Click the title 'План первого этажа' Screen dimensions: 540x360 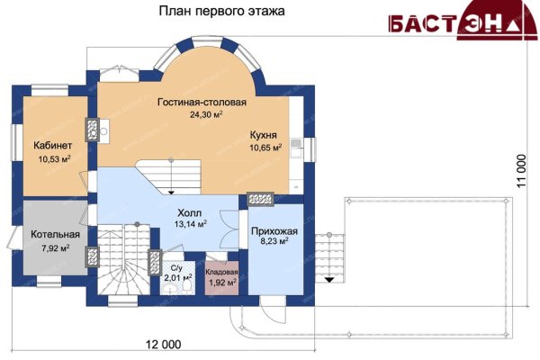[x=221, y=12]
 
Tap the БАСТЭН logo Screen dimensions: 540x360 [x=463, y=21]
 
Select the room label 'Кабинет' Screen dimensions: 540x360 [x=53, y=146]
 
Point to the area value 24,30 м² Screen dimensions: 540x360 [x=206, y=114]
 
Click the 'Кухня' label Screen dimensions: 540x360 [x=264, y=135]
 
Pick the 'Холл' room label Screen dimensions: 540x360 [x=189, y=212]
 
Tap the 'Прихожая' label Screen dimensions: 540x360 [x=274, y=231]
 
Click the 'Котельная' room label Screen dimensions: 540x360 [x=55, y=235]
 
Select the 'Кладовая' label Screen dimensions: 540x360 [x=221, y=272]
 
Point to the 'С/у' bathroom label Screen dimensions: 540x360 [x=176, y=268]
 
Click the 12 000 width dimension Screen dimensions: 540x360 [x=163, y=344]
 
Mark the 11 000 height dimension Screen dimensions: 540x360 [x=522, y=171]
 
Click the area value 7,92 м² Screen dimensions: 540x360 [x=56, y=248]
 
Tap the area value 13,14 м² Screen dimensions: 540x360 [x=191, y=224]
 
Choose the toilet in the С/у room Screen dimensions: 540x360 [x=187, y=286]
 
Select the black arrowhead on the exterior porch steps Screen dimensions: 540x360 [x=329, y=280]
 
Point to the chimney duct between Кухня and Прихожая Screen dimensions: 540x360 [x=261, y=198]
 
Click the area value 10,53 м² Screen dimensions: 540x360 [x=54, y=159]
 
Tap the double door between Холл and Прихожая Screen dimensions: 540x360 [x=229, y=229]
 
